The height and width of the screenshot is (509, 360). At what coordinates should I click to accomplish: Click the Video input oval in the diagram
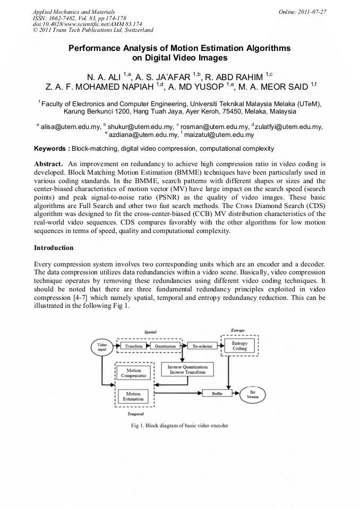[102, 348]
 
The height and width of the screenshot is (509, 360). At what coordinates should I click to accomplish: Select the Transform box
[134, 346]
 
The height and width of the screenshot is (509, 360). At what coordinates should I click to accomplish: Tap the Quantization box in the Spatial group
[165, 346]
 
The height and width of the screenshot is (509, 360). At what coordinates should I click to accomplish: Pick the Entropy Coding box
[239, 346]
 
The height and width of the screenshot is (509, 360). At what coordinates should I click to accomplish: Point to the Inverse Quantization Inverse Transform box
[187, 369]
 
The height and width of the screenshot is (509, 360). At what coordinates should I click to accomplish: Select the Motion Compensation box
[133, 373]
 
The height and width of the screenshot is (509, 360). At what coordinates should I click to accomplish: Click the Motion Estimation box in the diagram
[133, 396]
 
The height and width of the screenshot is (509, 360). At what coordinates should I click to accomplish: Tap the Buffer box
[217, 393]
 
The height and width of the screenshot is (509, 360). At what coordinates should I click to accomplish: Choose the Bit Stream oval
[253, 394]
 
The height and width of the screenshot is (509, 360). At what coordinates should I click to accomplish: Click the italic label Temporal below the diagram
[136, 413]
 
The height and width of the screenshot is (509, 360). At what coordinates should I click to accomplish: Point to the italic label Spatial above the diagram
[151, 332]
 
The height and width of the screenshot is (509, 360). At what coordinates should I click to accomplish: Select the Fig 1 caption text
[179, 426]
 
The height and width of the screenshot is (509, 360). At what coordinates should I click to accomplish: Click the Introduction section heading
[54, 247]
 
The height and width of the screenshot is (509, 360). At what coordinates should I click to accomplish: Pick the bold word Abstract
[49, 164]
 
